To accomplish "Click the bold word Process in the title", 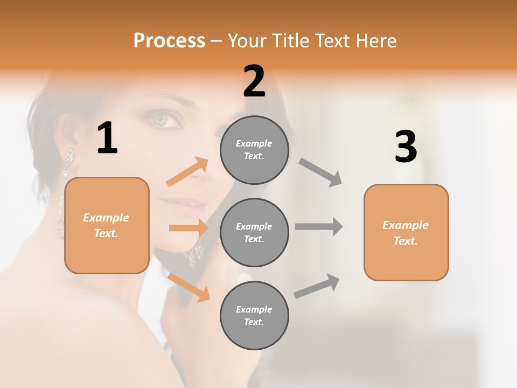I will tap(169, 41).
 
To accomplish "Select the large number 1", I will tap(107, 138).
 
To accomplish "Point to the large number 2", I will tap(254, 81).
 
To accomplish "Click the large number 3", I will tap(406, 147).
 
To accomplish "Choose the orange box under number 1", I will tap(107, 225).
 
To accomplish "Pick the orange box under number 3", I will tap(406, 232).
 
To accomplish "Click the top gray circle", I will tap(254, 150).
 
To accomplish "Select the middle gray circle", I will tap(254, 232).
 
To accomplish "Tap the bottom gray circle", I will tap(254, 315).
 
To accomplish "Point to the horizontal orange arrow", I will tap(188, 228).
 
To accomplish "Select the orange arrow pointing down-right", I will tap(189, 287).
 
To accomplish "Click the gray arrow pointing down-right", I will tap(321, 172).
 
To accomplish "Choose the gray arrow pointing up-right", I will tap(317, 286).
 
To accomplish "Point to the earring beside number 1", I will tap(67, 164).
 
